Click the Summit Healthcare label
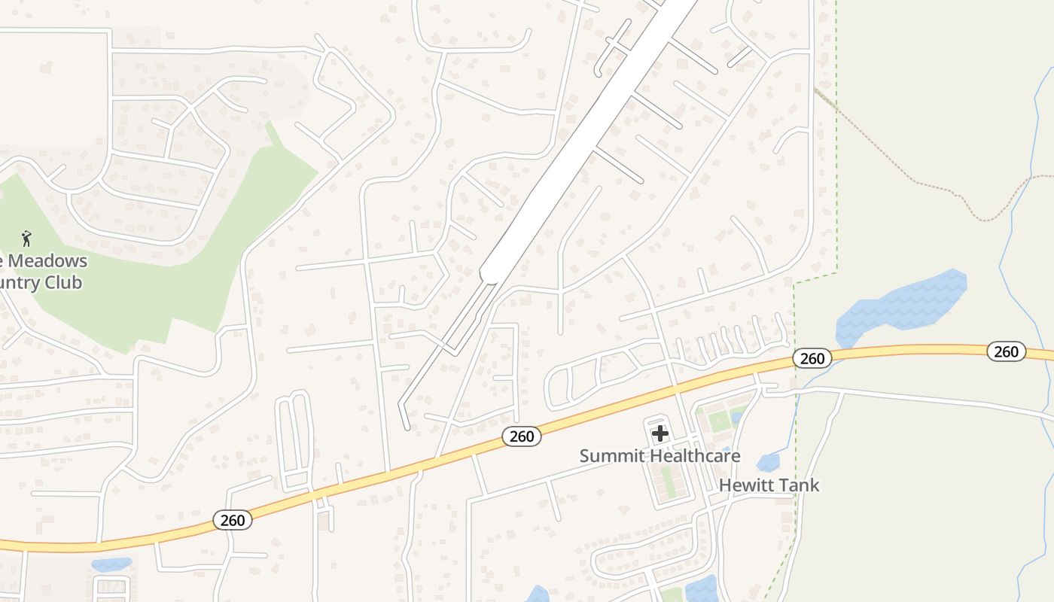[x=660, y=456]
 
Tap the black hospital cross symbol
[x=660, y=433]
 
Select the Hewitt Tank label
[x=769, y=485]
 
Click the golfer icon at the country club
[x=27, y=239]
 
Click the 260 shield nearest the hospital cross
[x=521, y=436]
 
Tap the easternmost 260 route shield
[x=1006, y=351]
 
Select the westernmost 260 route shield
[x=233, y=520]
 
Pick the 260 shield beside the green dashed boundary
[x=812, y=358]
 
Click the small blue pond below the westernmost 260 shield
[x=111, y=564]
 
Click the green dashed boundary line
[x=836, y=150]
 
